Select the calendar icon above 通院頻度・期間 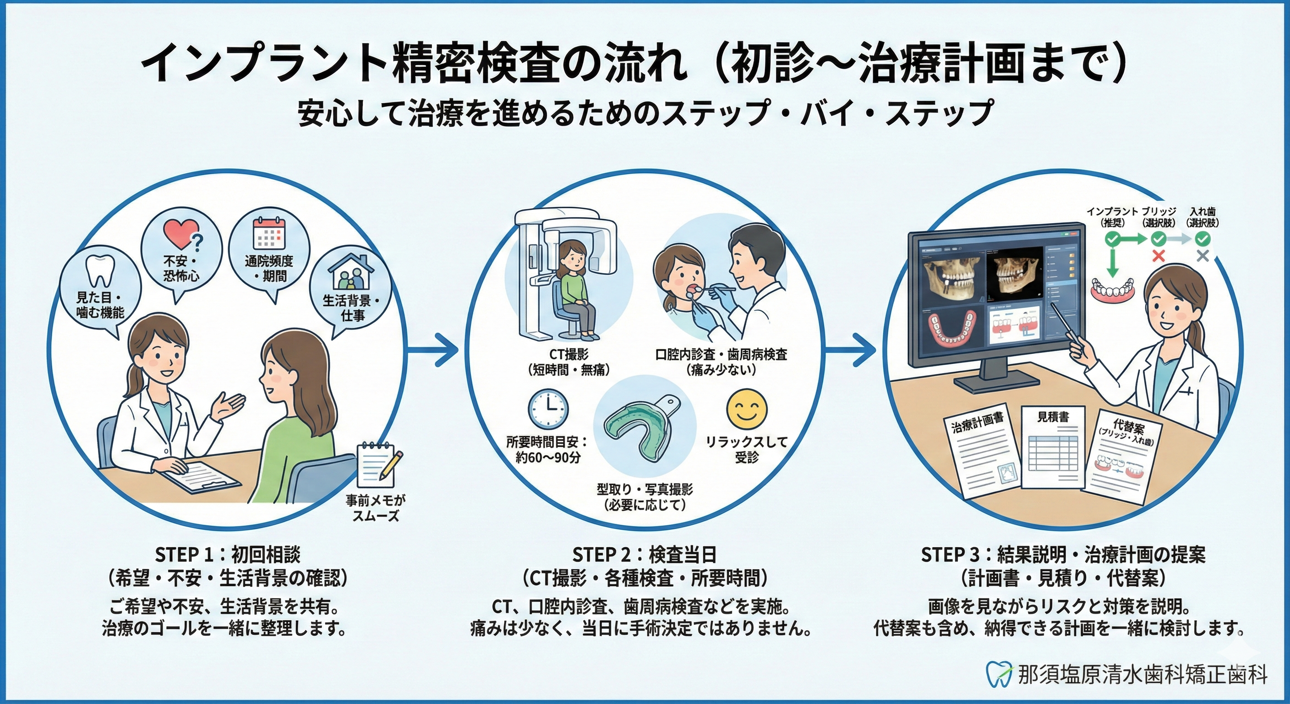[x=268, y=234]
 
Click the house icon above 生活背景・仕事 [x=351, y=274]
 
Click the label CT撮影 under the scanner [x=569, y=355]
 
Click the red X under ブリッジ [x=1158, y=256]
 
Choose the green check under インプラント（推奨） [x=1111, y=240]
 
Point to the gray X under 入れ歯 [x=1203, y=256]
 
